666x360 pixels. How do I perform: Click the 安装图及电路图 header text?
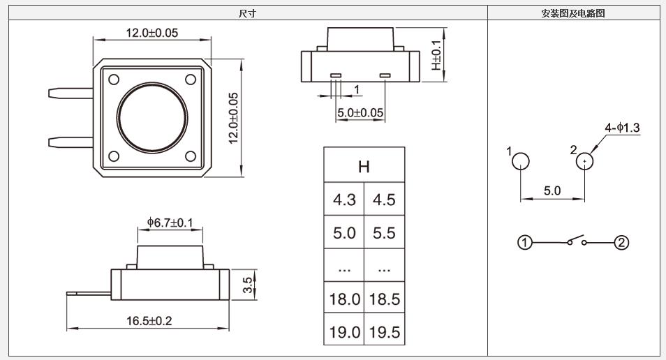[573, 13]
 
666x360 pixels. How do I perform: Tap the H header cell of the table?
[364, 166]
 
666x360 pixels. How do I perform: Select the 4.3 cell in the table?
[344, 200]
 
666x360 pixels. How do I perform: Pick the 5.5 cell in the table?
[384, 233]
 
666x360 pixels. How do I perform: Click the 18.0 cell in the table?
[344, 299]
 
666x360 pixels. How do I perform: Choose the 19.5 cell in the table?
[384, 332]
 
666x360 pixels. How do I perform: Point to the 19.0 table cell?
[344, 332]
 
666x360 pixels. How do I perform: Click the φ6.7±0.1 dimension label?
[170, 223]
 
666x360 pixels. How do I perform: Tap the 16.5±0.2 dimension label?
[149, 321]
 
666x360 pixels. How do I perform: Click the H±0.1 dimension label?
[436, 54]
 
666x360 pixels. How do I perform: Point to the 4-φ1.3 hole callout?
[622, 128]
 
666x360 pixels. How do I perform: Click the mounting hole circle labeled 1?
[521, 162]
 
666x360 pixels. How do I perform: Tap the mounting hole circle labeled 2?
[585, 162]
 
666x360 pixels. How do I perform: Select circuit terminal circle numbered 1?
[526, 243]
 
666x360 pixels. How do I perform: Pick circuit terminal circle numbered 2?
[621, 243]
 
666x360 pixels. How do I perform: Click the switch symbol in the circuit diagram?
[576, 241]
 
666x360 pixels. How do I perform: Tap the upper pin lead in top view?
[71, 93]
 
